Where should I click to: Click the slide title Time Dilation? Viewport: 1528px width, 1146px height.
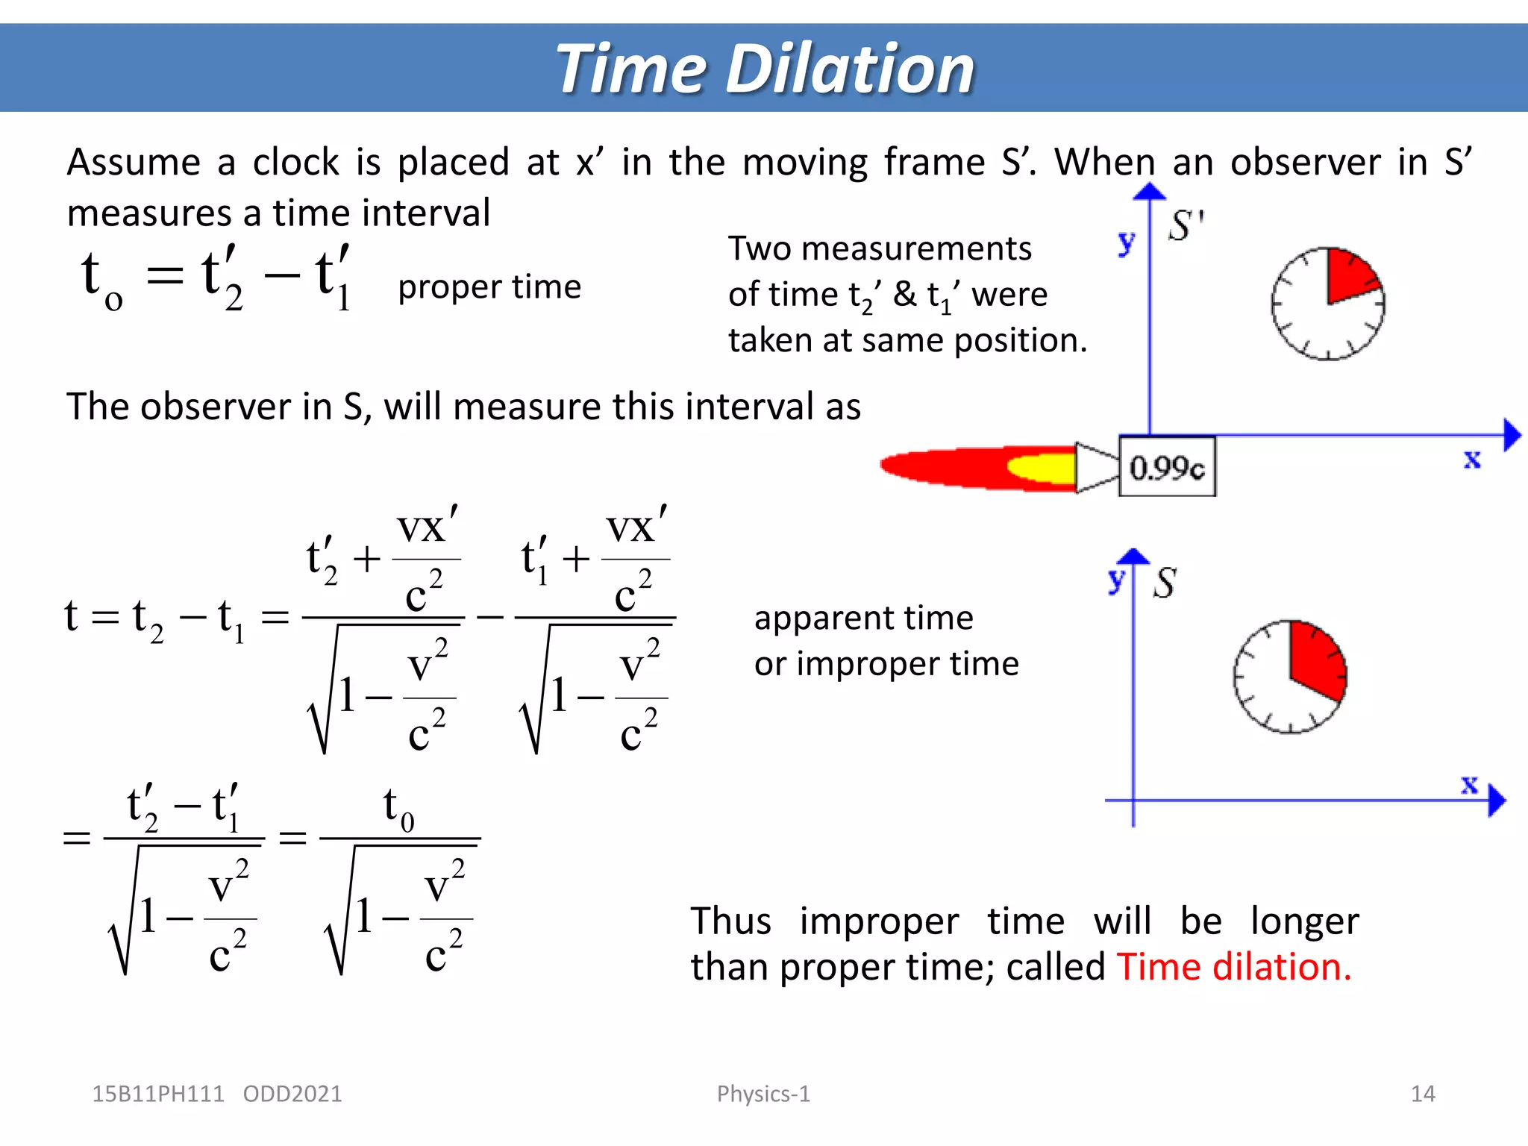point(765,69)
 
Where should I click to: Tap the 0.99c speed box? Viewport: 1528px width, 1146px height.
point(1167,467)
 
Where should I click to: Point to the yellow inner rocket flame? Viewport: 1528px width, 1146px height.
point(1042,468)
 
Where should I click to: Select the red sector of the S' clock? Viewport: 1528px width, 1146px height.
point(1349,275)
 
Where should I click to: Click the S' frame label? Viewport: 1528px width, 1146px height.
point(1186,225)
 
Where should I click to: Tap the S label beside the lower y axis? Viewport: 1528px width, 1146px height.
point(1164,583)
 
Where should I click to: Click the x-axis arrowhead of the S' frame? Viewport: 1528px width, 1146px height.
point(1512,435)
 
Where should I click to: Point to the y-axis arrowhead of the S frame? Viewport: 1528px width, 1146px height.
point(1134,557)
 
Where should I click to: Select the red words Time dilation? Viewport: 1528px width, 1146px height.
point(1233,967)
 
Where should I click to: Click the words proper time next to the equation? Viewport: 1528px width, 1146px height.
point(489,287)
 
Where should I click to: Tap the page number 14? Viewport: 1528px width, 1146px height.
point(1423,1094)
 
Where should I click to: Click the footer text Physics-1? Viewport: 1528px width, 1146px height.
point(763,1094)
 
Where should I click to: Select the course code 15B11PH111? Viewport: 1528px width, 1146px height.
point(157,1094)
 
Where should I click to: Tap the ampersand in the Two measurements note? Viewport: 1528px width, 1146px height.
point(905,294)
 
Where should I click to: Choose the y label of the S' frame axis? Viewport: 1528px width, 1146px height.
point(1126,242)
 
